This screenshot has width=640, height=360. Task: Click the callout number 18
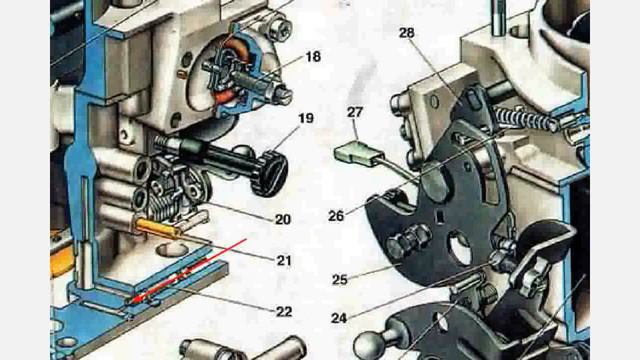313,57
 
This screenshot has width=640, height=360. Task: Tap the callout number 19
306,118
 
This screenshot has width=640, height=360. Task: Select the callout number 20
283,219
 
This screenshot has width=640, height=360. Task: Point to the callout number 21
284,260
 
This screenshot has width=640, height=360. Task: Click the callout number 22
284,312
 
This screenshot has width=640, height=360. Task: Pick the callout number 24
339,318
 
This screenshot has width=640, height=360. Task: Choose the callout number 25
340,280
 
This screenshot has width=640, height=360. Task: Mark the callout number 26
336,216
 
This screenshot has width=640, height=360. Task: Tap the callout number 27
355,112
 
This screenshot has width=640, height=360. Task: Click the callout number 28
407,33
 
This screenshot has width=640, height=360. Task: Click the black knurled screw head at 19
270,173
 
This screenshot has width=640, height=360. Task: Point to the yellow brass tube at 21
158,229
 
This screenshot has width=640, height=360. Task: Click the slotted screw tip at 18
284,93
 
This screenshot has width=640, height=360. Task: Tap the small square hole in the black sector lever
440,216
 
